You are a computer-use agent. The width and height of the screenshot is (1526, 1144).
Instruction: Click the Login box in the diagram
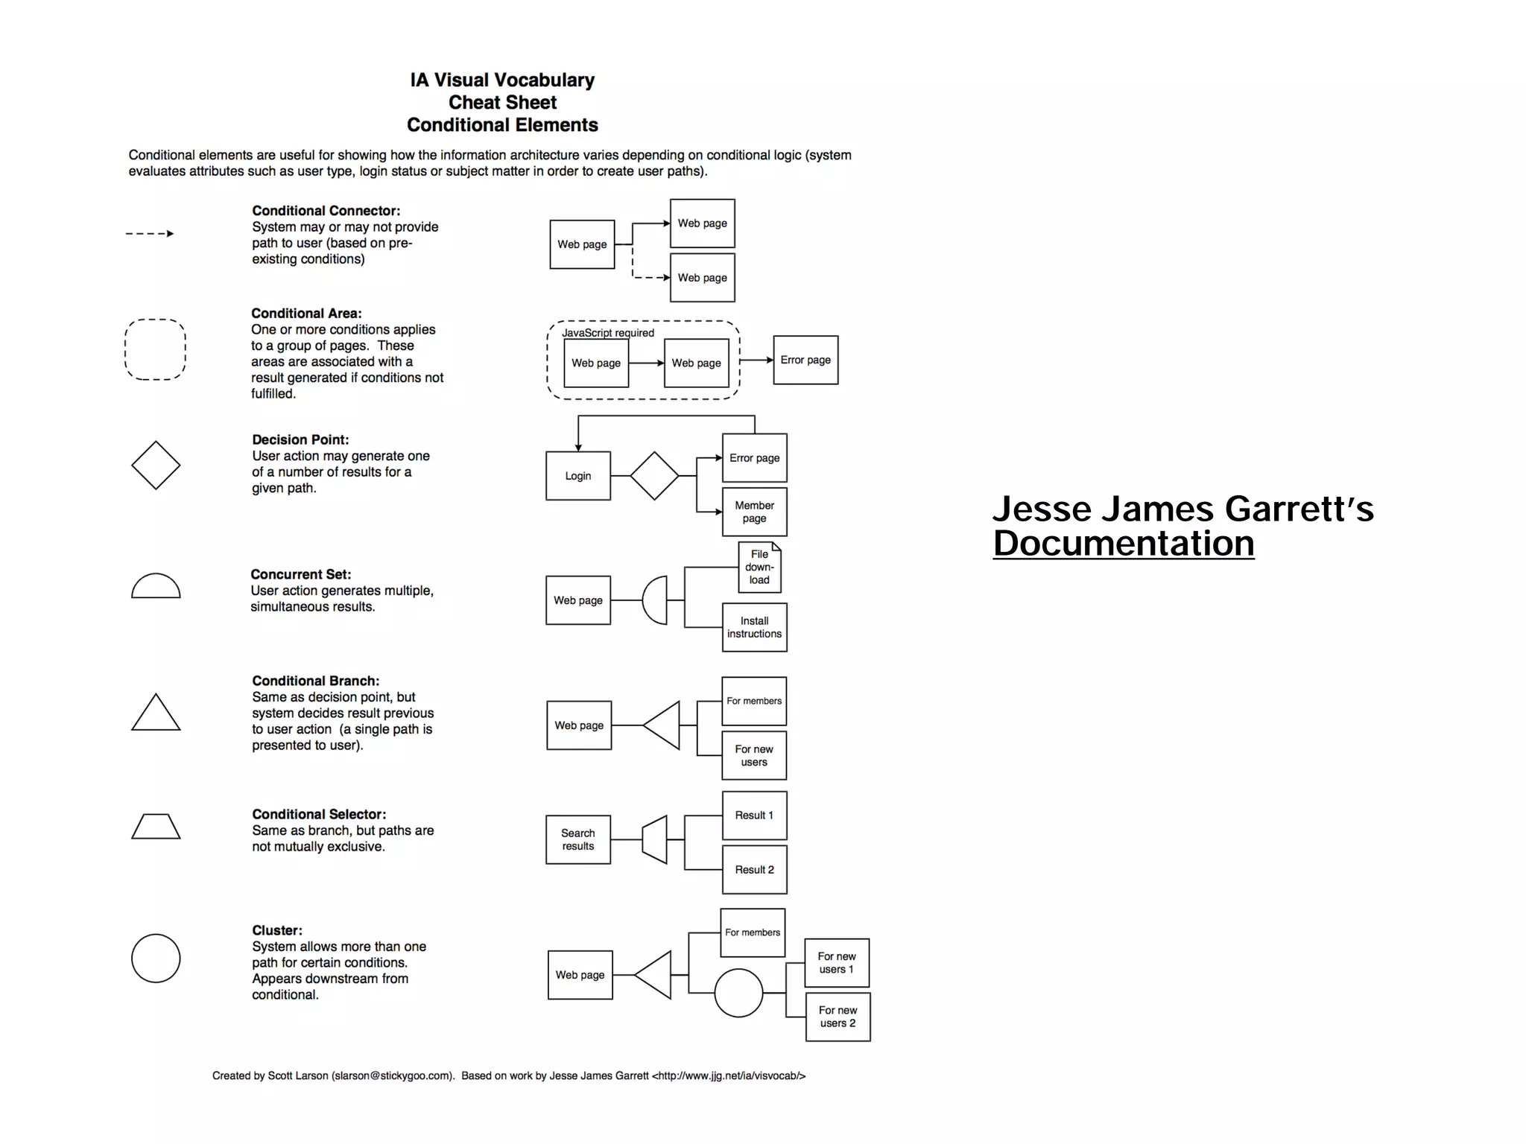(578, 476)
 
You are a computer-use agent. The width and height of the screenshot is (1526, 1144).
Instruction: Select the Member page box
(754, 512)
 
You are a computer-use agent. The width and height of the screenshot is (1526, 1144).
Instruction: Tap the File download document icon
(759, 568)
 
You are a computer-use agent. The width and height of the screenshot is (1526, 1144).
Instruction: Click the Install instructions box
(754, 627)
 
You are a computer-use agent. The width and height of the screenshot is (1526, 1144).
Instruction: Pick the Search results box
(578, 839)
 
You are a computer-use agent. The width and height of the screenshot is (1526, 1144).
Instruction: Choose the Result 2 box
(754, 869)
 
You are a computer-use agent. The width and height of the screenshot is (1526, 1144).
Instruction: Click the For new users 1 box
(837, 962)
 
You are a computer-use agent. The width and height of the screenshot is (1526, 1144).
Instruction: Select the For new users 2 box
(838, 1017)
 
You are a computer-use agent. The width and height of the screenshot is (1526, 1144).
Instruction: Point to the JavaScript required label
(608, 333)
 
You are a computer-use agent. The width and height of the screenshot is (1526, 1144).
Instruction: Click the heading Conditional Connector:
(326, 211)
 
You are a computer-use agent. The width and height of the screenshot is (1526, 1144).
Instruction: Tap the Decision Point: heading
(300, 439)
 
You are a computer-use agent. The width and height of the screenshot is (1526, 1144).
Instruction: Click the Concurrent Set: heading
(300, 574)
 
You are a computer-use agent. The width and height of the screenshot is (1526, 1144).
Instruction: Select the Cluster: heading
(277, 930)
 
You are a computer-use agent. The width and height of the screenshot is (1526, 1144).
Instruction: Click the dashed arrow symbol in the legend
(150, 234)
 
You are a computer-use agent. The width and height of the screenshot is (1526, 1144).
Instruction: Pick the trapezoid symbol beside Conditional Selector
(156, 826)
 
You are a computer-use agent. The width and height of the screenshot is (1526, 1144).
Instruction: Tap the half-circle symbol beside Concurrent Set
(156, 587)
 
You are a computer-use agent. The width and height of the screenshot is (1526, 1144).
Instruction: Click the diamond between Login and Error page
(654, 476)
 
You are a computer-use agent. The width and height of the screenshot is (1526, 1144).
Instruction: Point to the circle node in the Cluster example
(738, 993)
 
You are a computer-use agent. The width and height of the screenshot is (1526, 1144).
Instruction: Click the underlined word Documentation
(1123, 544)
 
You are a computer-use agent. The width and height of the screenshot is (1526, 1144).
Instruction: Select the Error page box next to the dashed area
(805, 360)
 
